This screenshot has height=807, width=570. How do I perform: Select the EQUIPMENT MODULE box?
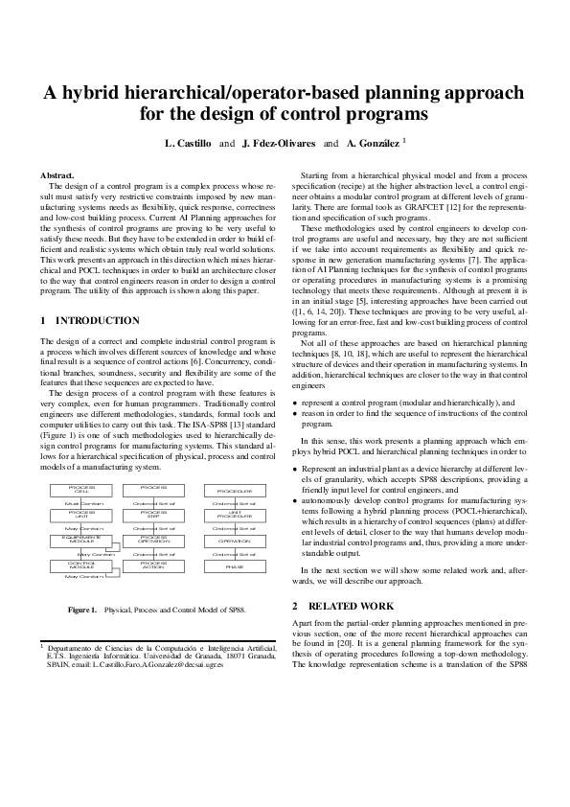coord(84,541)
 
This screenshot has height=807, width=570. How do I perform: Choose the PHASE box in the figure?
coord(233,566)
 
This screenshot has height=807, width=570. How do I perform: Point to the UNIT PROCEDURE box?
coord(233,515)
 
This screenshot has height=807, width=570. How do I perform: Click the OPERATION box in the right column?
coord(233,541)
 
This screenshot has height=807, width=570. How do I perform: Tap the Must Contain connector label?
coord(84,502)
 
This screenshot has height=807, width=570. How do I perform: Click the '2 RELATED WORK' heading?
coord(343,607)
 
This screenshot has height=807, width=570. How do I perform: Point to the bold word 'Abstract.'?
coord(57,175)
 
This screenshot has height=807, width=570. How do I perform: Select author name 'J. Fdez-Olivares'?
coord(278,143)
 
